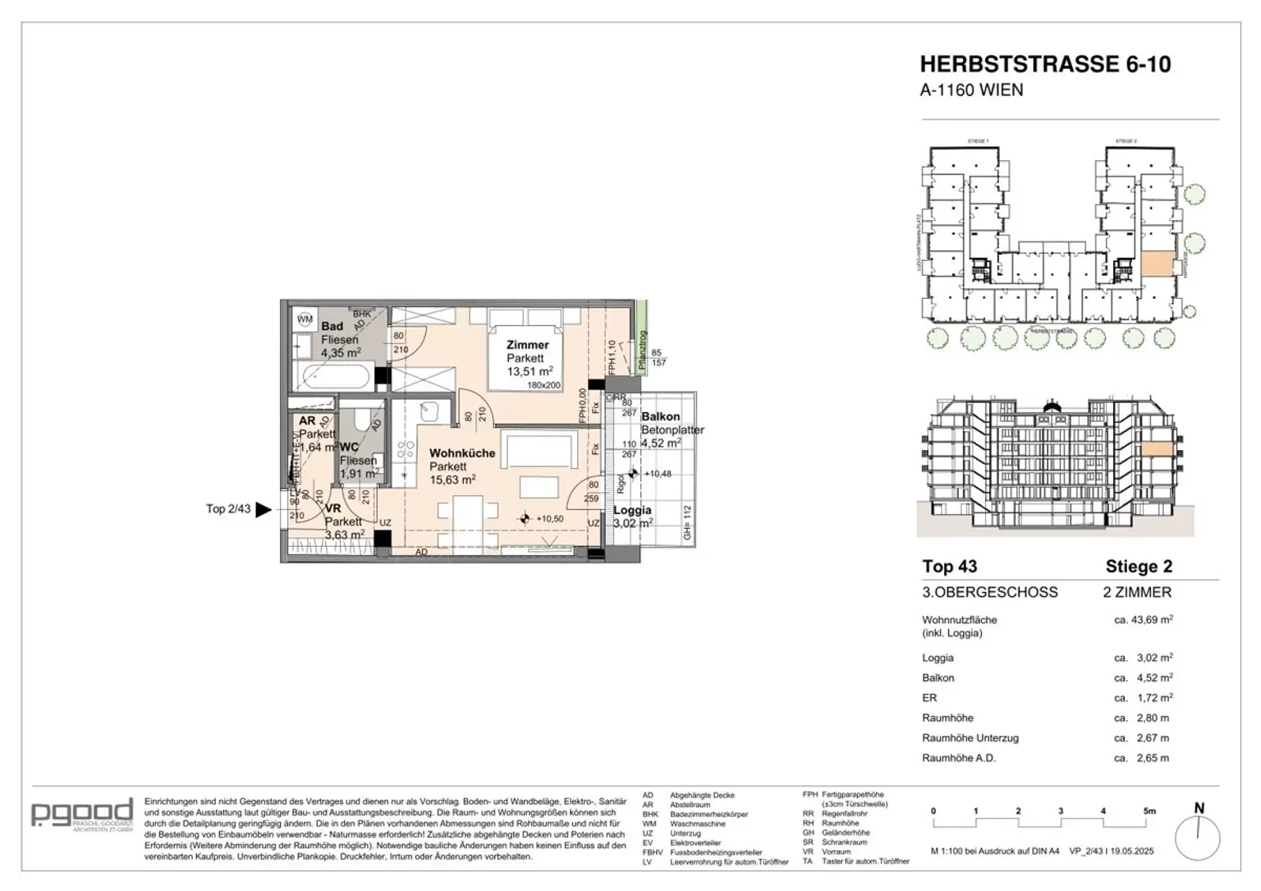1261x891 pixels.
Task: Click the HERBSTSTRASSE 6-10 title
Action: (1044, 64)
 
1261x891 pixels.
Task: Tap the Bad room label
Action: (332, 327)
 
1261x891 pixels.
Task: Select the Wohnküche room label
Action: (462, 453)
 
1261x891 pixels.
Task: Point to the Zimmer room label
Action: (527, 345)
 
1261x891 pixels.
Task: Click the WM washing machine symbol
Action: (305, 319)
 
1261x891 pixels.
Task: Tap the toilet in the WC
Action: (359, 420)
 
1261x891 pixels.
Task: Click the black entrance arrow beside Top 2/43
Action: (264, 510)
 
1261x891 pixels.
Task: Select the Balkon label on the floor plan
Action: (660, 417)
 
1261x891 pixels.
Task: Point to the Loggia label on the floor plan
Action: (632, 510)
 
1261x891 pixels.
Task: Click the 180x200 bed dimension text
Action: (543, 385)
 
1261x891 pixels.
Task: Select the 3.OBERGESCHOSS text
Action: (990, 592)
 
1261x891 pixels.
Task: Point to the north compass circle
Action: (1198, 838)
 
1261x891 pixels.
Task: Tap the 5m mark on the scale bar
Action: (1149, 811)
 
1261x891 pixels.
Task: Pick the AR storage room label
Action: (307, 421)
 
